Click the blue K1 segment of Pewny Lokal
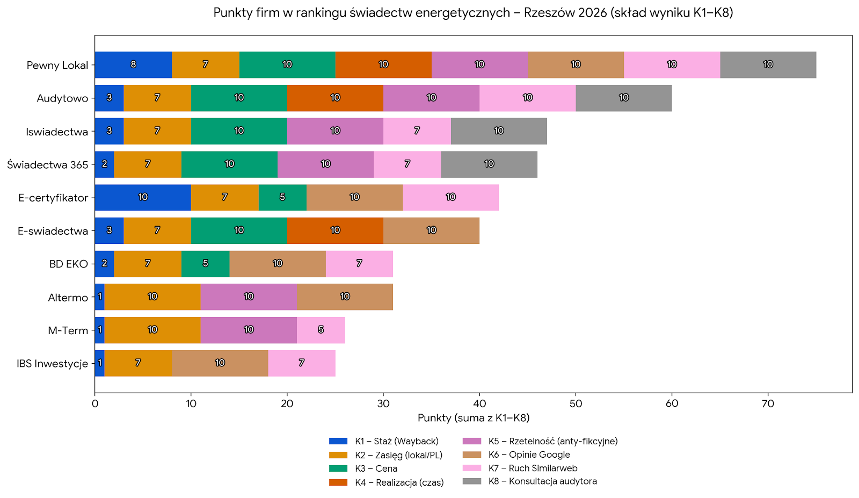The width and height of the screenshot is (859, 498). click(x=133, y=64)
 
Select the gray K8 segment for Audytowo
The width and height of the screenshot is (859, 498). click(x=623, y=98)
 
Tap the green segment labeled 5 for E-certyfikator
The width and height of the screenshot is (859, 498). click(x=282, y=197)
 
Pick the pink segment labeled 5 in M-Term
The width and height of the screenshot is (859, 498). click(x=321, y=330)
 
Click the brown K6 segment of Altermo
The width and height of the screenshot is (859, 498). click(x=345, y=297)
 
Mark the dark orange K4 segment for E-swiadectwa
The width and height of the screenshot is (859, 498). click(x=335, y=230)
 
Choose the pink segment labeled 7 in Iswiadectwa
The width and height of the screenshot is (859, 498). click(x=417, y=131)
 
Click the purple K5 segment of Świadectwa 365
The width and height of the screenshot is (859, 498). click(x=325, y=164)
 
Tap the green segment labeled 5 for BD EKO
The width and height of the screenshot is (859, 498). click(x=205, y=264)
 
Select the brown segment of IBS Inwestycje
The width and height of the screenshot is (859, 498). click(x=220, y=363)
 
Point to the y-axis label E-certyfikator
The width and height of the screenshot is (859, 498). click(x=53, y=198)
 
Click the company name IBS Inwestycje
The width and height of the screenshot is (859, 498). click(x=52, y=364)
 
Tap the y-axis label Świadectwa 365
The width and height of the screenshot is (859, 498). click(x=47, y=165)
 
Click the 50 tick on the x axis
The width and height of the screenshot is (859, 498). click(x=576, y=403)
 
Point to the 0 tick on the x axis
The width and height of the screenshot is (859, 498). click(x=95, y=403)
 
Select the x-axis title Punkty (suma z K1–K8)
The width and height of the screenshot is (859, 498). click(x=474, y=418)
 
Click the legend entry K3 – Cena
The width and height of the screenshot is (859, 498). click(x=376, y=468)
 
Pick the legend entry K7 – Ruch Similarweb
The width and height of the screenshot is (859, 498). click(x=533, y=468)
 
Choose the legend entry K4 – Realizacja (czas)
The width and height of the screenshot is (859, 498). click(x=399, y=482)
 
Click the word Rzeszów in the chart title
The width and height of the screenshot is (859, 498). click(x=543, y=12)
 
